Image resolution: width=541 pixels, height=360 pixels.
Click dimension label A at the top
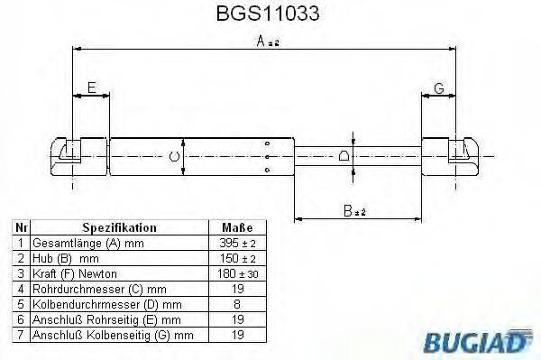click(x=261, y=41)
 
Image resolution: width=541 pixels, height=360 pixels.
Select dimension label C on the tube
click(x=174, y=158)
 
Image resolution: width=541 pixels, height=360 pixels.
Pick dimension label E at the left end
click(x=91, y=87)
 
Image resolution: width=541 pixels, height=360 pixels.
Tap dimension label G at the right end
click(x=438, y=87)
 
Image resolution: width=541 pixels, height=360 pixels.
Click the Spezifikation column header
click(x=119, y=228)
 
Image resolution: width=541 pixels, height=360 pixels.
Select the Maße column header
click(x=237, y=228)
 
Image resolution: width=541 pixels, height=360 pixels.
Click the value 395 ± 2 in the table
click(x=237, y=244)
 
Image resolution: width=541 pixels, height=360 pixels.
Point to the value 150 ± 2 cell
click(x=237, y=258)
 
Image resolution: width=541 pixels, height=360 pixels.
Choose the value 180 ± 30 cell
click(x=237, y=272)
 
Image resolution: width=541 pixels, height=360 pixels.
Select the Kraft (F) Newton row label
click(x=74, y=272)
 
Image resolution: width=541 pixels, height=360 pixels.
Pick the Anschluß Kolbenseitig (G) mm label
click(x=113, y=335)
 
